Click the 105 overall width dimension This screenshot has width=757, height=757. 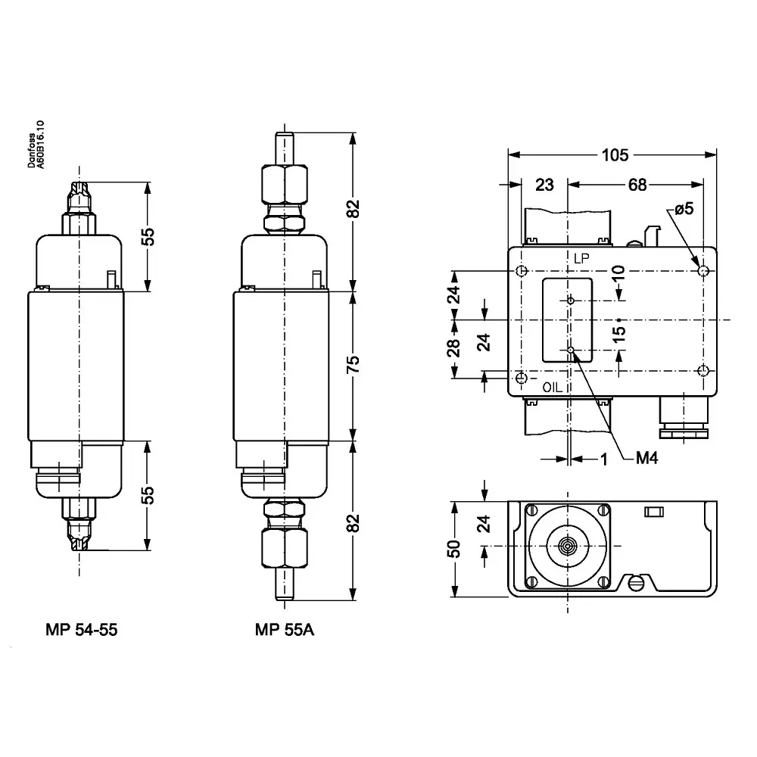(x=615, y=155)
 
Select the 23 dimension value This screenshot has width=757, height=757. (x=544, y=185)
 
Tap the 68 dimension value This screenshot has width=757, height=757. (x=637, y=185)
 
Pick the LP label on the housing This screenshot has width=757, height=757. (x=581, y=258)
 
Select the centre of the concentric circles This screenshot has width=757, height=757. (x=567, y=547)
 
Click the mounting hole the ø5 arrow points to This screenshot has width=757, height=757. (x=704, y=270)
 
